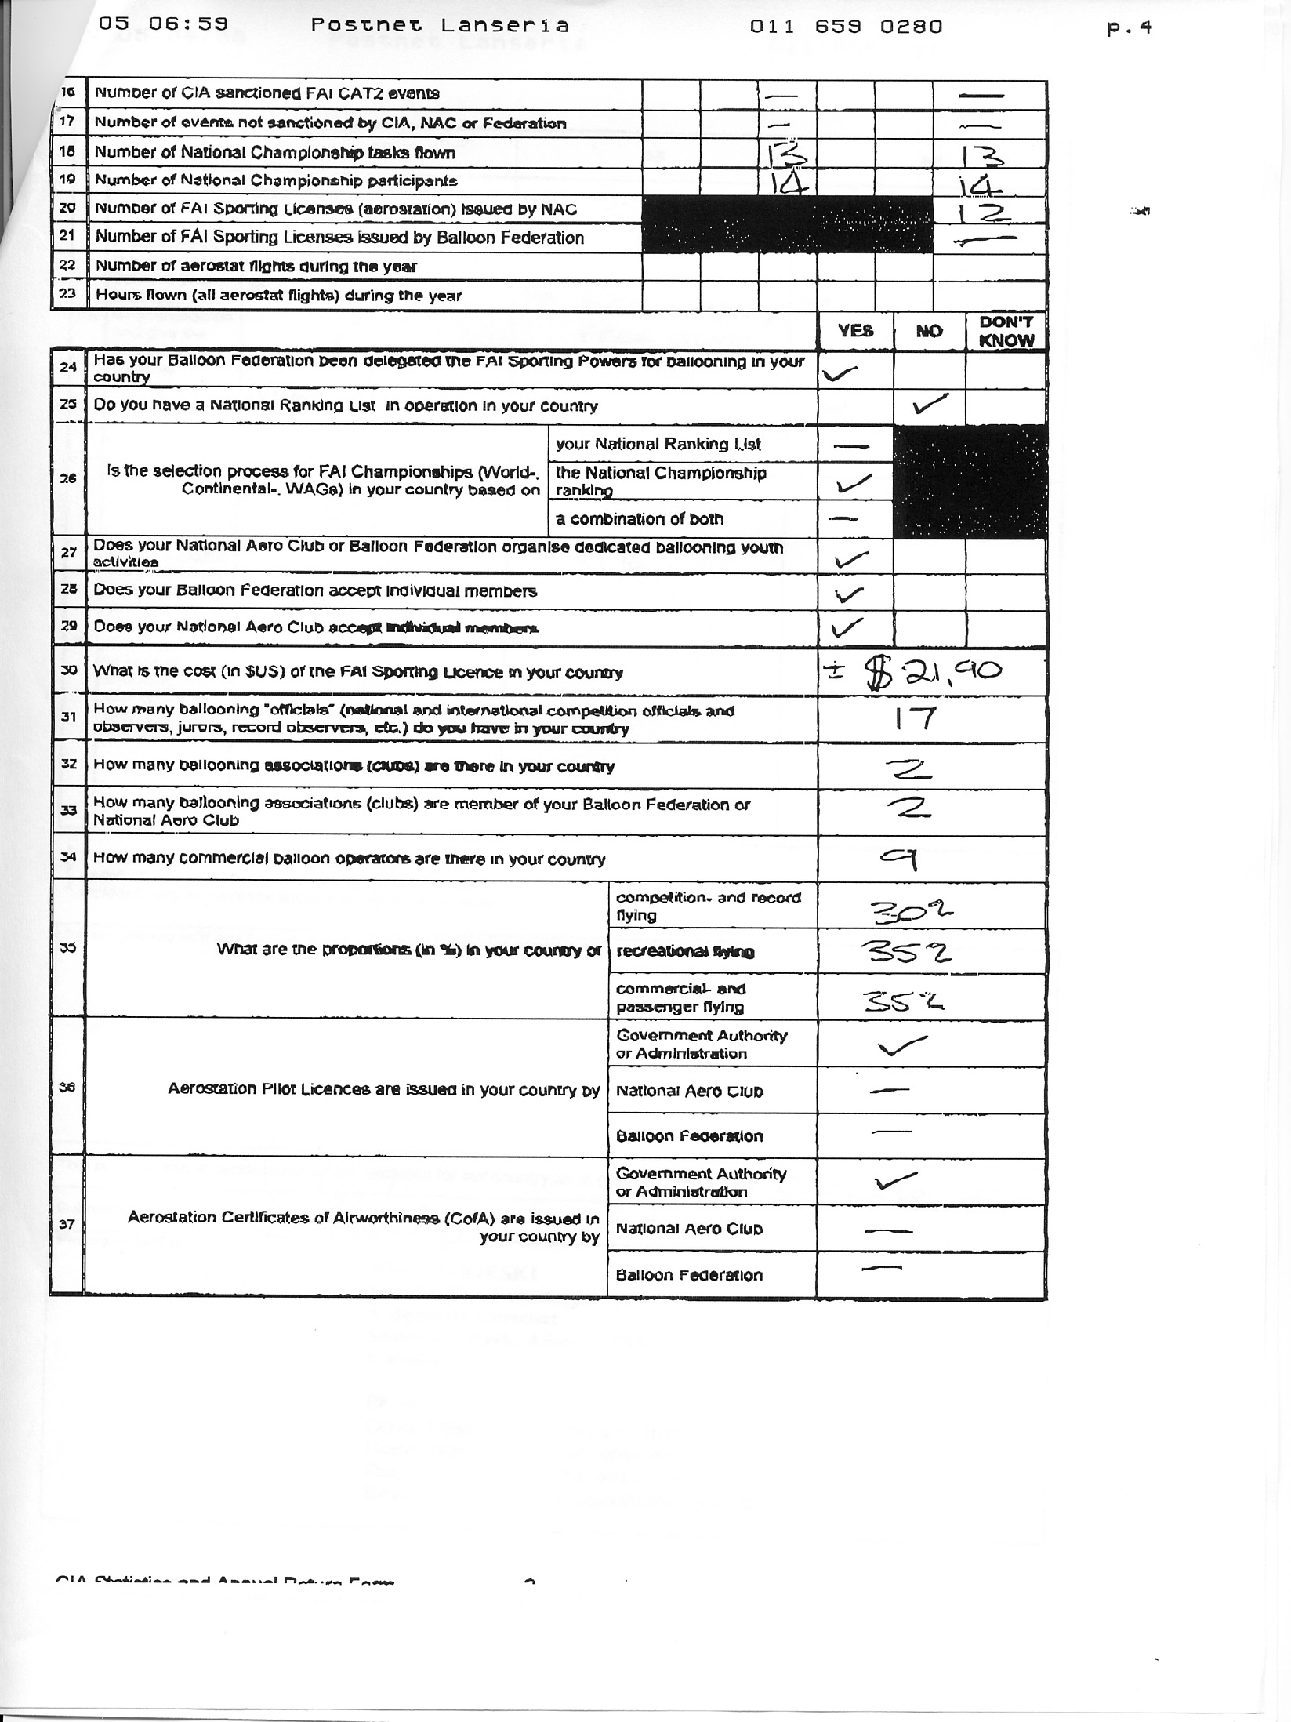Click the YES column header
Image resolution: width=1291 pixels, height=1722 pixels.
(855, 332)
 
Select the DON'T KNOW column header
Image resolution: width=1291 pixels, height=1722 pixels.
(1006, 332)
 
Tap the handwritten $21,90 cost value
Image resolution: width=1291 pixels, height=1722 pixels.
(933, 673)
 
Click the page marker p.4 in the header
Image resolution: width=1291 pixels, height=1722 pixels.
(1130, 28)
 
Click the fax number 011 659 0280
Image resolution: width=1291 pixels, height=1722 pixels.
(846, 27)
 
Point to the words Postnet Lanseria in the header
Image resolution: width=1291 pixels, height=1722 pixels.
(440, 25)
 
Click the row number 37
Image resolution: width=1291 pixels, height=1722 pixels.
(67, 1224)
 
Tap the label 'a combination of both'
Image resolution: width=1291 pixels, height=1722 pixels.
(640, 519)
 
